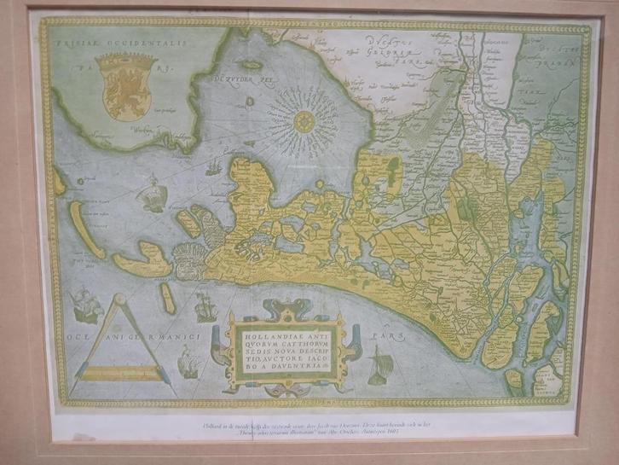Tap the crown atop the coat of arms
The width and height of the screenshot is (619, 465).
pos(127,62)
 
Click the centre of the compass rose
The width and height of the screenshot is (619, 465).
pos(303,121)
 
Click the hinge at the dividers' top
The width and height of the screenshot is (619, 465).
pos(119,299)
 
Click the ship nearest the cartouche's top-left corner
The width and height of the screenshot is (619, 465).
pos(205,305)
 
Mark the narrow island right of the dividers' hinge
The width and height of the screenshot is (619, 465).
pos(167,298)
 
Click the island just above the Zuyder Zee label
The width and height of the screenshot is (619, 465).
pos(250,64)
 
